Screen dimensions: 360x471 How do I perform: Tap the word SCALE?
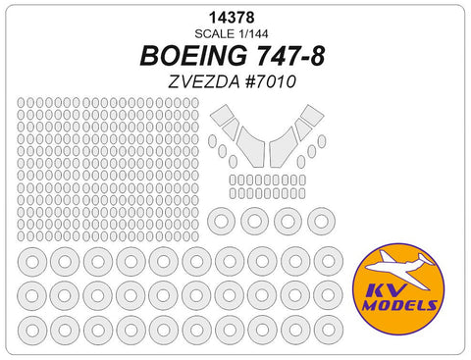[218, 30]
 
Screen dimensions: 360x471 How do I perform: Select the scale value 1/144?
[253, 30]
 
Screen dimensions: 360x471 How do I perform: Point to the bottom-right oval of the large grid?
[202, 235]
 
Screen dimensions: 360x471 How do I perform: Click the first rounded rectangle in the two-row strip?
[234, 180]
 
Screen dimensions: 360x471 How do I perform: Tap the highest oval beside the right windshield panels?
[322, 141]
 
